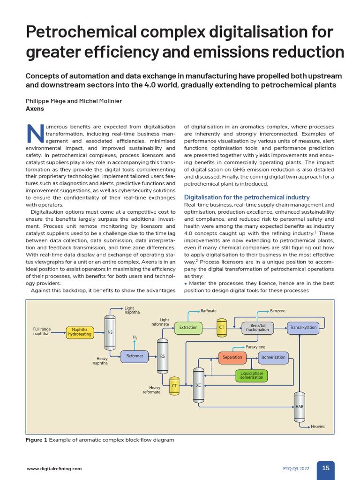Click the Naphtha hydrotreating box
[79, 332]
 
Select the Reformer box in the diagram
[135, 356]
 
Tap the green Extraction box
[188, 327]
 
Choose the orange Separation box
[232, 357]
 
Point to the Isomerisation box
[273, 357]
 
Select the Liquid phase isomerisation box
[252, 375]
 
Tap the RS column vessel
[162, 356]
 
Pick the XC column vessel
[198, 385]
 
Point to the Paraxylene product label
[256, 347]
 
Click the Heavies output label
[317, 427]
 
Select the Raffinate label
[209, 311]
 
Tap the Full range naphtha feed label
[42, 332]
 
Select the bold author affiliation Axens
[34, 108]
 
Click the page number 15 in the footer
[326, 468]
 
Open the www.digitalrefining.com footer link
[54, 468]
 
